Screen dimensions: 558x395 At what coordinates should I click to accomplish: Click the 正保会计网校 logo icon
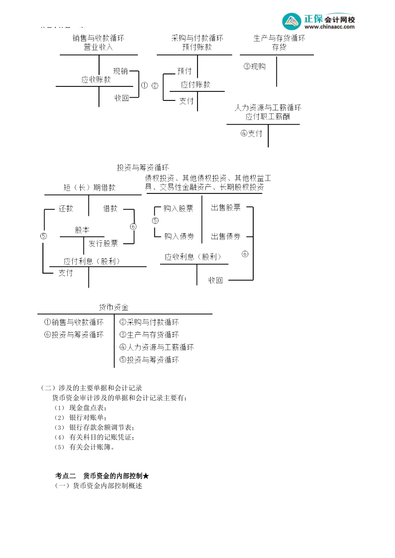291,21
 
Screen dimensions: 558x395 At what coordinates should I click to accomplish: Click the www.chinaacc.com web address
329,27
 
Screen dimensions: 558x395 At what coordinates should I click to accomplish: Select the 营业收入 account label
98,47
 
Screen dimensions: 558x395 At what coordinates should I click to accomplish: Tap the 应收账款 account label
96,80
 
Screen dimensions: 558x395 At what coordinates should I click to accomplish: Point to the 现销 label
121,71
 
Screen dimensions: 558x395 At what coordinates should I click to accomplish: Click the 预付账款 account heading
197,47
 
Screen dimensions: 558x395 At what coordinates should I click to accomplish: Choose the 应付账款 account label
195,85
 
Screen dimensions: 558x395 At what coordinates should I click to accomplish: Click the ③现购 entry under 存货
254,66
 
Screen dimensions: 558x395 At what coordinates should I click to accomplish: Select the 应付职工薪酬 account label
268,117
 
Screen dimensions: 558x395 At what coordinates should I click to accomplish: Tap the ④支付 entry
252,133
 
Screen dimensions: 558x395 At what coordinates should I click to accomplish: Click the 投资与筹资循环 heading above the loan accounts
143,168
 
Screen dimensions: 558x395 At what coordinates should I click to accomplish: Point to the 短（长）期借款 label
89,188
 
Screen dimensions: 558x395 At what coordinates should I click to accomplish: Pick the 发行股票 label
103,243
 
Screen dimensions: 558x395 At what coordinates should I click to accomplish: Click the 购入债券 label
179,236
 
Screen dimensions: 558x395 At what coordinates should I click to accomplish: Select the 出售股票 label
226,208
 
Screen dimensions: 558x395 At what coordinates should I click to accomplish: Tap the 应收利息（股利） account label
193,257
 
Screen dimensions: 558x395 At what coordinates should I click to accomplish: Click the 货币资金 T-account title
114,307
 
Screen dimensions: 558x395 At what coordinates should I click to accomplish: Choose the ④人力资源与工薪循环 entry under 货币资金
157,347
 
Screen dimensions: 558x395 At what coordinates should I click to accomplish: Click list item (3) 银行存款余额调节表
95,427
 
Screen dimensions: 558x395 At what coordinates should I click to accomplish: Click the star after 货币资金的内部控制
146,476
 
